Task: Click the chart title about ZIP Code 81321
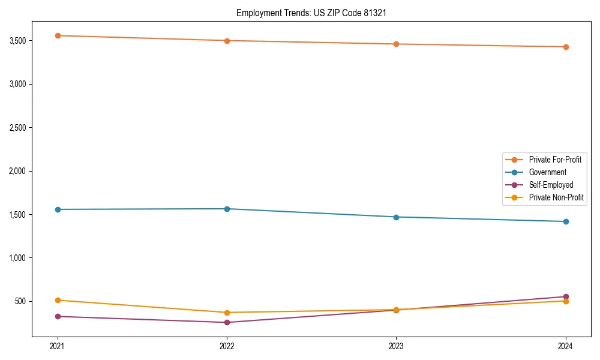pos(315,13)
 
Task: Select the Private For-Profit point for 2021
pos(58,35)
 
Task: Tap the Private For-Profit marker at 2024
pos(566,47)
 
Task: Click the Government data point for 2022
pos(227,209)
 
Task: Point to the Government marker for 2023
pos(396,217)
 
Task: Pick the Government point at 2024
pos(566,221)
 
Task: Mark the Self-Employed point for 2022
pos(227,322)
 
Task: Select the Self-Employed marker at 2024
pos(566,296)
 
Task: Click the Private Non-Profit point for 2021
pos(58,300)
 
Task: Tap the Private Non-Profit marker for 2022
pos(227,313)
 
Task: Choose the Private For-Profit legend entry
pos(554,160)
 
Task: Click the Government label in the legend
pos(547,172)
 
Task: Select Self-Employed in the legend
pos(551,185)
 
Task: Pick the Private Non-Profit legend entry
pos(556,197)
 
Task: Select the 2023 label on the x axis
pos(396,346)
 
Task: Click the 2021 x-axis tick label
pos(58,346)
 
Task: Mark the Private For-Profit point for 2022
pos(227,41)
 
